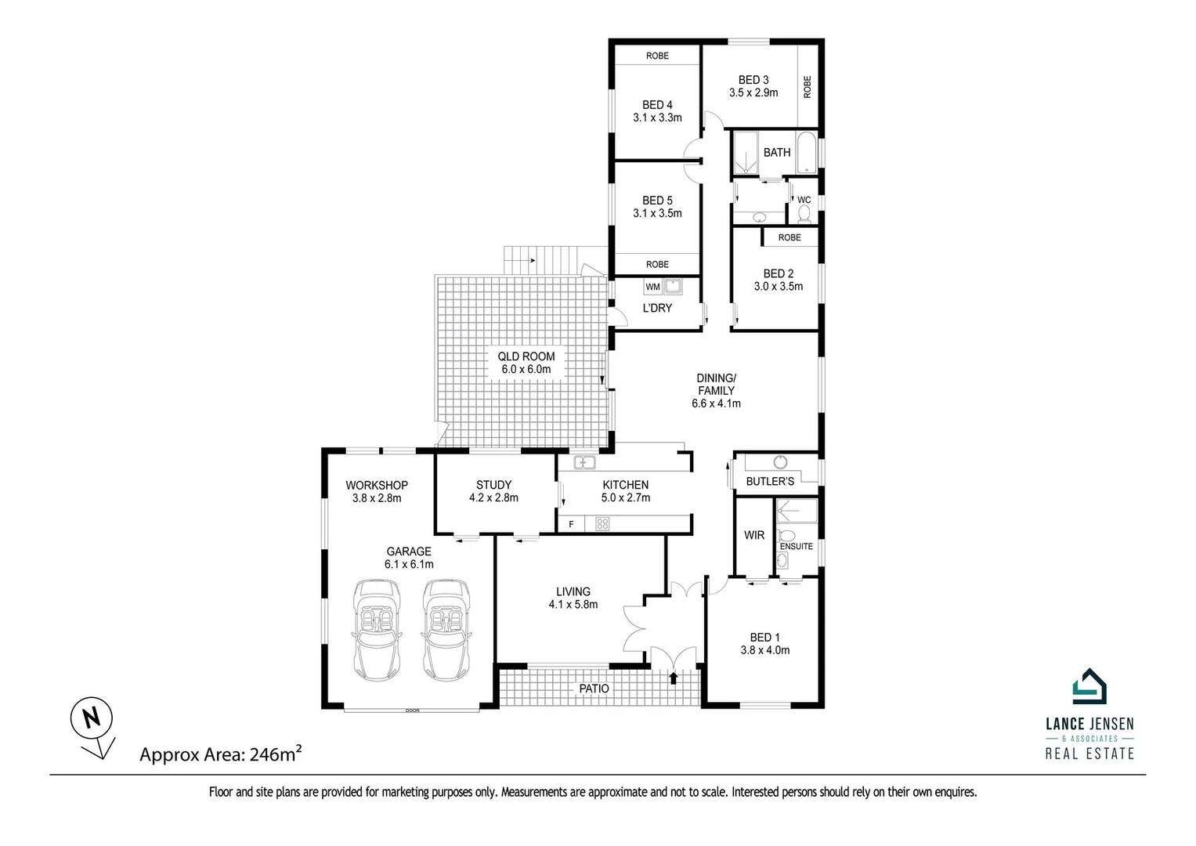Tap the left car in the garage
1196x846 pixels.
click(377, 630)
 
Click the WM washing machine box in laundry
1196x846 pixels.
click(652, 287)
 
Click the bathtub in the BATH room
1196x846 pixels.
click(806, 154)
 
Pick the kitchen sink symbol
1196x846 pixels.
click(584, 462)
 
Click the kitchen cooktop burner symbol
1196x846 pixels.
click(602, 524)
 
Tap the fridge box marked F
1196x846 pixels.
click(572, 524)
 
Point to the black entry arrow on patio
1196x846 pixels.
click(674, 677)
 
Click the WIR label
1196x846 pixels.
click(754, 535)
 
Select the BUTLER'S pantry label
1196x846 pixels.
click(770, 481)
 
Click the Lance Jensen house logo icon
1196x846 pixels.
click(1089, 687)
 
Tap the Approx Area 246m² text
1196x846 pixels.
click(220, 754)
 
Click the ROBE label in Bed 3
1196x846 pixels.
click(808, 86)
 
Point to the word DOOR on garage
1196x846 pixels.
click(412, 710)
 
